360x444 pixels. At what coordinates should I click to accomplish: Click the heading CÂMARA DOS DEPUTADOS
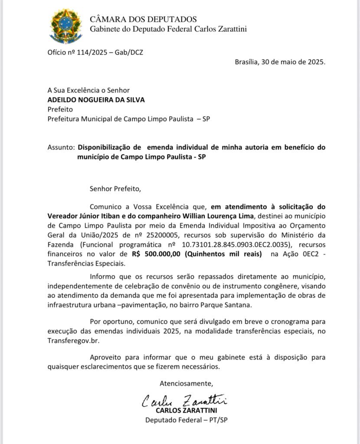click(143, 20)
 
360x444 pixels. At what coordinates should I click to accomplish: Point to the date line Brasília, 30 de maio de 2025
click(280, 62)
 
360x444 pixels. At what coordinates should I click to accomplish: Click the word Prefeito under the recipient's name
click(60, 109)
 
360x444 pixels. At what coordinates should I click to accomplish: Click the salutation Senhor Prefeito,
click(115, 189)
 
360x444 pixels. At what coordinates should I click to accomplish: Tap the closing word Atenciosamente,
click(187, 383)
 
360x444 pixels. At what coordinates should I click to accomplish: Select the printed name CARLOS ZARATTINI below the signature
click(186, 410)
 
